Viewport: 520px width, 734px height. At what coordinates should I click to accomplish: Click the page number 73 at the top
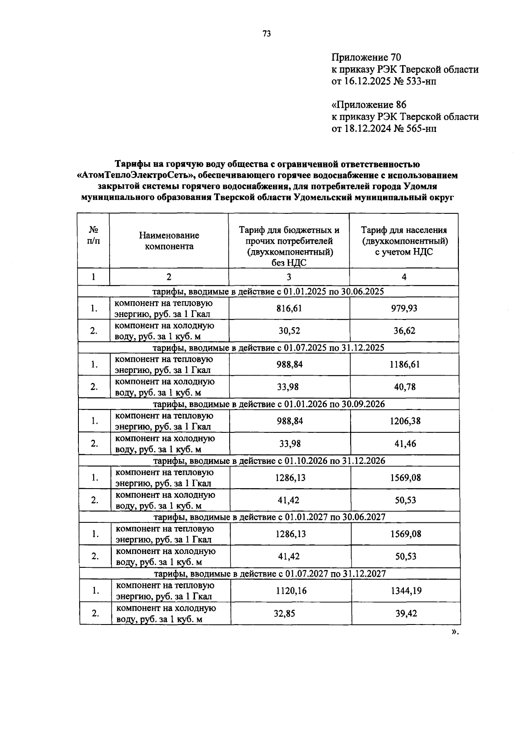[266, 34]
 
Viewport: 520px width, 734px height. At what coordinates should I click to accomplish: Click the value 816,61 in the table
[289, 308]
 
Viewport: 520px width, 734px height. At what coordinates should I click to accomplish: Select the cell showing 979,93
[404, 308]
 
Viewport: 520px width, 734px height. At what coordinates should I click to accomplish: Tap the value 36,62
[404, 331]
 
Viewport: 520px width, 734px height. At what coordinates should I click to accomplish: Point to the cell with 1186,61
[404, 364]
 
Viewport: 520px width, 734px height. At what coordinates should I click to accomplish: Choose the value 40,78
[404, 387]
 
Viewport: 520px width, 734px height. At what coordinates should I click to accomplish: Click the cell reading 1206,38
[404, 421]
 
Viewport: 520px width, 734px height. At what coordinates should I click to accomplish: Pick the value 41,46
[404, 444]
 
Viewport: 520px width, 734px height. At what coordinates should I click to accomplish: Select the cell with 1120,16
[291, 590]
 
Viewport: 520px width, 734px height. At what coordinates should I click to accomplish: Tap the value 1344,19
[406, 590]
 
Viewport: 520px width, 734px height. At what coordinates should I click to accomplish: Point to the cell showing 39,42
[406, 613]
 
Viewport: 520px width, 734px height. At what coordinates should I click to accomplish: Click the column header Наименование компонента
[169, 241]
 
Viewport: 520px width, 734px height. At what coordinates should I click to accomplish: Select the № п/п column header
[93, 236]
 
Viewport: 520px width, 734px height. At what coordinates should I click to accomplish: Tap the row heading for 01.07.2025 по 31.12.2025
[269, 348]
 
